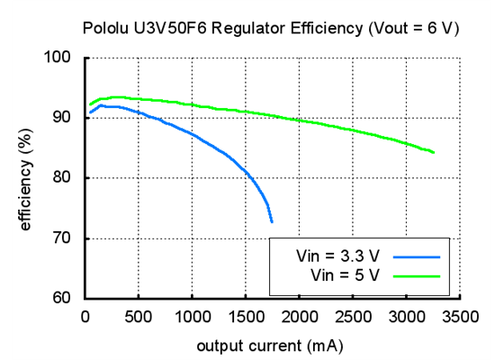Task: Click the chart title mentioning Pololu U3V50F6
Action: (x=271, y=29)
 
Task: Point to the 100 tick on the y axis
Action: (x=65, y=58)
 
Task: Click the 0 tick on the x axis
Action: (x=85, y=316)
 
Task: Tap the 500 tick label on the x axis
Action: (x=138, y=316)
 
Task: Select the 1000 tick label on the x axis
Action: (x=192, y=316)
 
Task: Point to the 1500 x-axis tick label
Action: (x=245, y=316)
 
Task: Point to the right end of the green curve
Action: (x=434, y=152)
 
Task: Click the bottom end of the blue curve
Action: (x=271, y=221)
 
